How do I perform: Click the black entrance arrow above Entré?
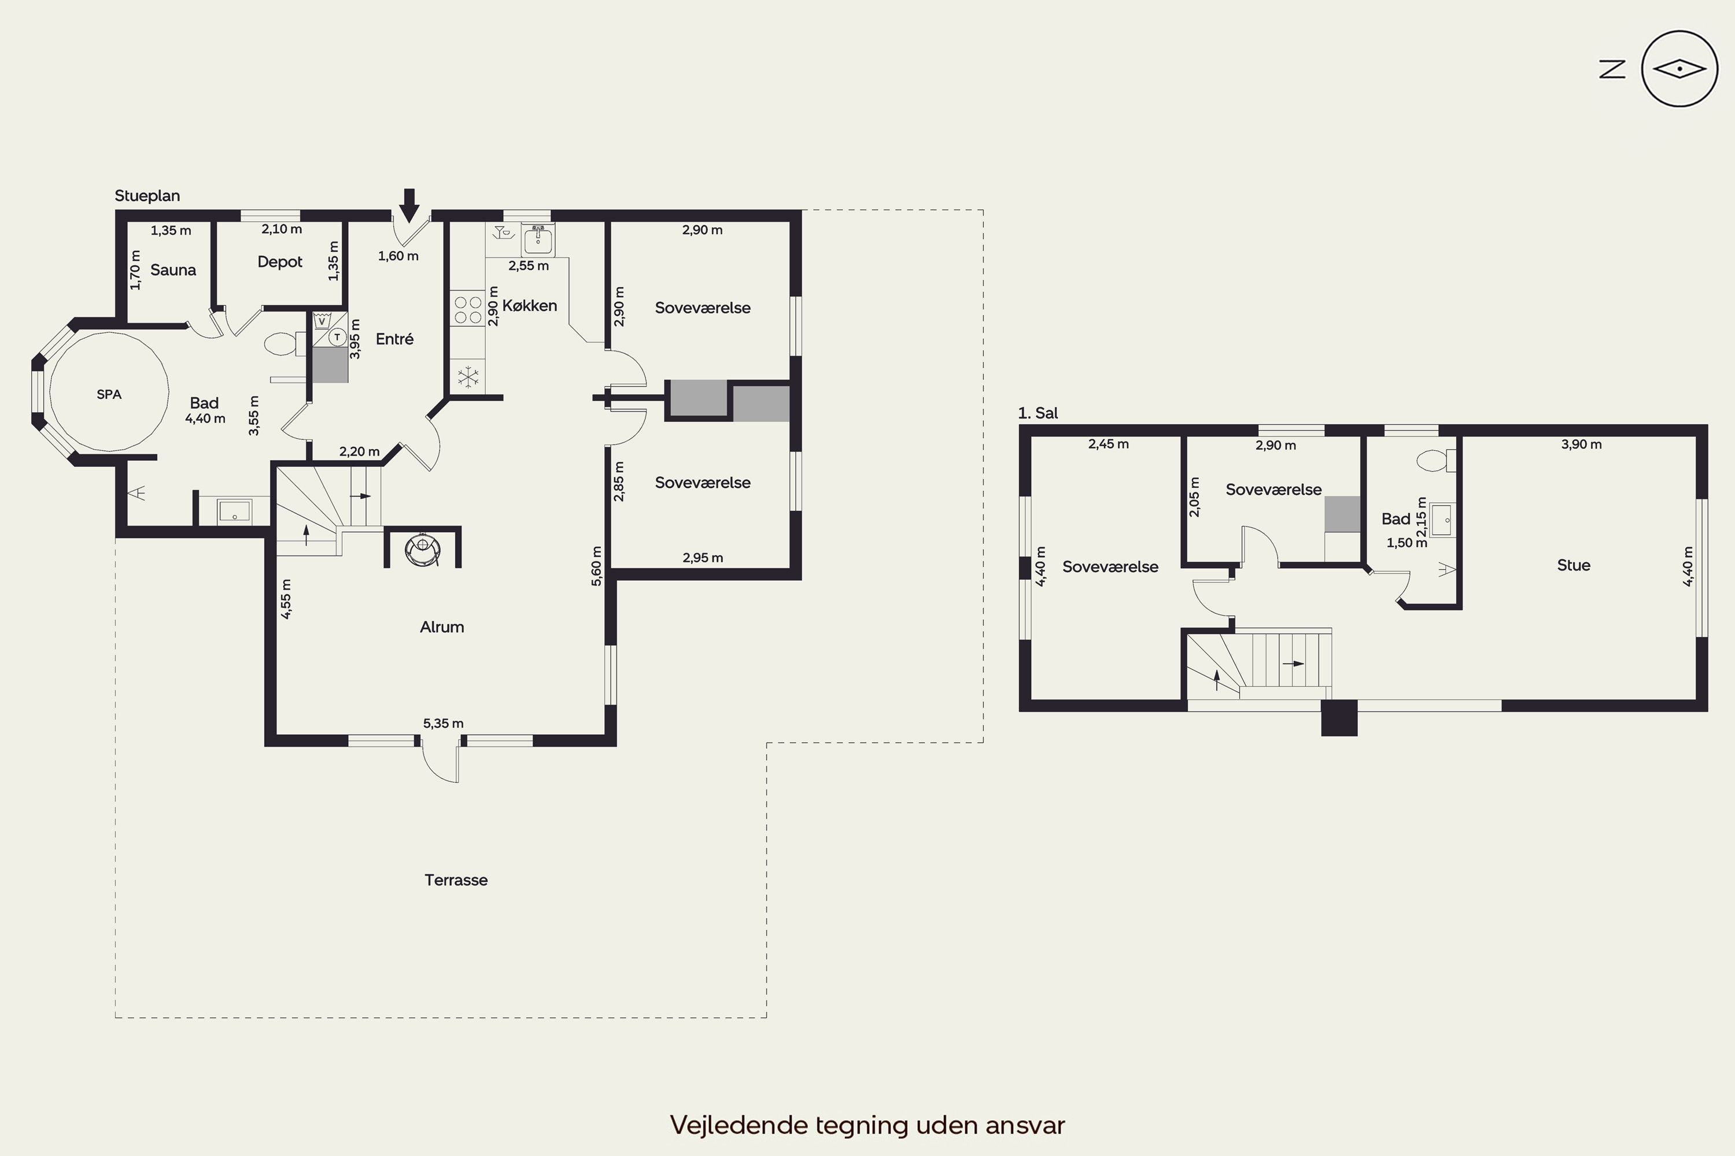[x=409, y=205]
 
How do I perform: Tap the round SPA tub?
[x=109, y=391]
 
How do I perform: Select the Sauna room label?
[x=173, y=270]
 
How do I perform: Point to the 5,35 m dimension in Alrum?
[x=444, y=723]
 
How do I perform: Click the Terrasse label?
[x=456, y=880]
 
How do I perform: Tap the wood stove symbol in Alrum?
[x=423, y=549]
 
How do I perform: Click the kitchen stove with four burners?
[x=468, y=310]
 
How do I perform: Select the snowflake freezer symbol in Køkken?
[x=468, y=377]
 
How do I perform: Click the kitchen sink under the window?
[x=538, y=239]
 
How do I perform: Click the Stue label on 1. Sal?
[x=1574, y=565]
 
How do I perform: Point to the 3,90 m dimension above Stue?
[x=1581, y=444]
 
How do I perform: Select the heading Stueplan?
[x=147, y=196]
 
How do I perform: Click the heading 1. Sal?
[x=1038, y=413]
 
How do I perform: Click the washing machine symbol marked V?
[x=322, y=321]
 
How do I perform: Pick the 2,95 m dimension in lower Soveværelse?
[x=702, y=557]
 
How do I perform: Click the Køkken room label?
[x=530, y=305]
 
